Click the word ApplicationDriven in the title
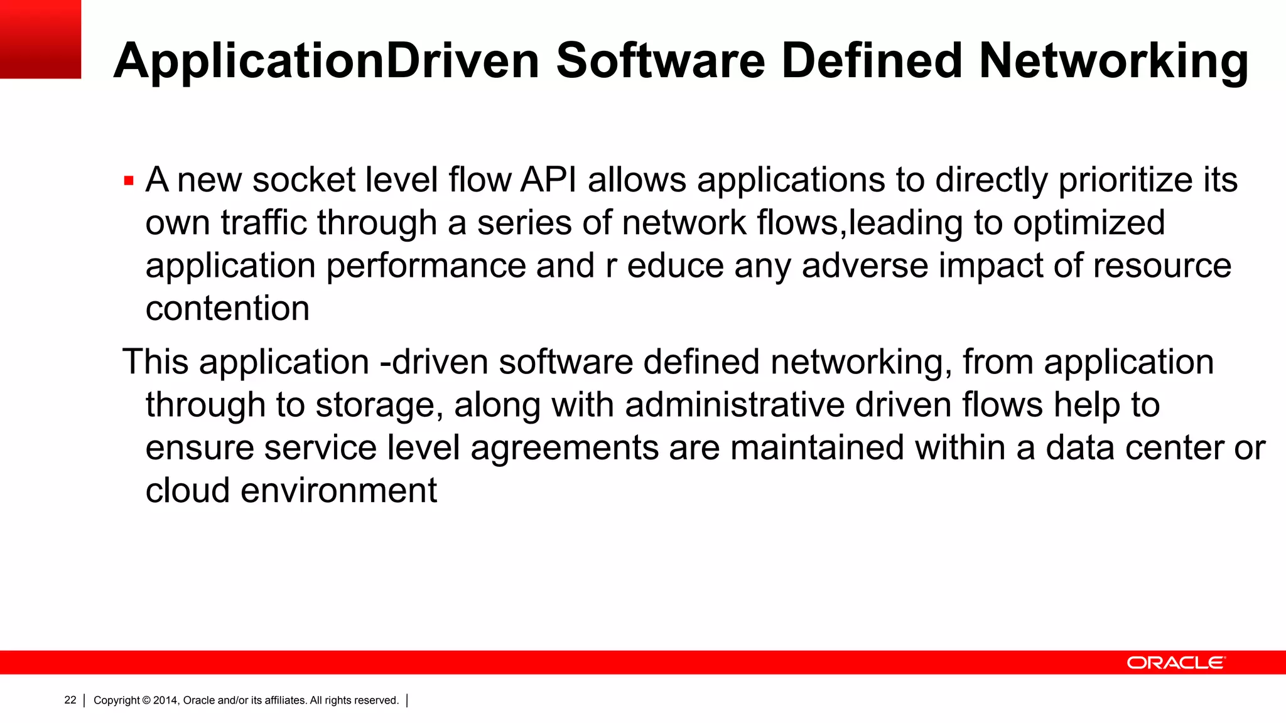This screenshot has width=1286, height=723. tap(327, 62)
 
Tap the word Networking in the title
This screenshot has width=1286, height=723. tap(1113, 62)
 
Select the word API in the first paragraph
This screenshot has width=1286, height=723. tap(548, 180)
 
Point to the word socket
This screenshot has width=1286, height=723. tap(304, 180)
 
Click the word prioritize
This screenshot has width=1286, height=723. tap(1125, 180)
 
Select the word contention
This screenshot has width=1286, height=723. tap(227, 308)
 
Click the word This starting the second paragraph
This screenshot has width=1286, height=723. tap(155, 362)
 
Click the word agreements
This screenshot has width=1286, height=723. tap(565, 448)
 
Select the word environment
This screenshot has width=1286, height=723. tap(338, 491)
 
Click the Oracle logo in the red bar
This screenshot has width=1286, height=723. tap(1175, 663)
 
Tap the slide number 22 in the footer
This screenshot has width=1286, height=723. tap(70, 700)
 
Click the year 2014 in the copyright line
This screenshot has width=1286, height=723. tap(166, 700)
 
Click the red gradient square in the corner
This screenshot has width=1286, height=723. tap(40, 39)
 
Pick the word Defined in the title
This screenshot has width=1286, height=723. tap(872, 62)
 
